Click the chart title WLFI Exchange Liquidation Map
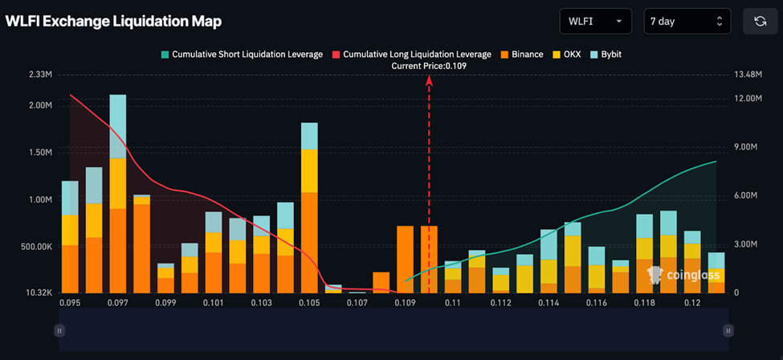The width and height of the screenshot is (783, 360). click(x=113, y=22)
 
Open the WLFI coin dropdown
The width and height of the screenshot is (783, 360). click(x=595, y=21)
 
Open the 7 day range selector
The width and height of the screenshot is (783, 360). click(x=687, y=21)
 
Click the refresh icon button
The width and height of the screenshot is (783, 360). click(x=760, y=21)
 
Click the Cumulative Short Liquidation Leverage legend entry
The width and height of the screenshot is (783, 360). click(x=241, y=55)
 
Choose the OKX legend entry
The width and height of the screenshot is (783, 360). click(x=569, y=55)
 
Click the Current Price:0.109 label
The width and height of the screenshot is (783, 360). click(x=428, y=66)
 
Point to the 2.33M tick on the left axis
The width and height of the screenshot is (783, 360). click(x=39, y=75)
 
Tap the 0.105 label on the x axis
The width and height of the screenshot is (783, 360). click(x=309, y=303)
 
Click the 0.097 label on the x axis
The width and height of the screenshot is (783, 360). click(x=118, y=303)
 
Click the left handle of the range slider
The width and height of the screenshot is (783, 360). click(x=59, y=330)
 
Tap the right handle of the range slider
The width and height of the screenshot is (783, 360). click(x=728, y=330)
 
